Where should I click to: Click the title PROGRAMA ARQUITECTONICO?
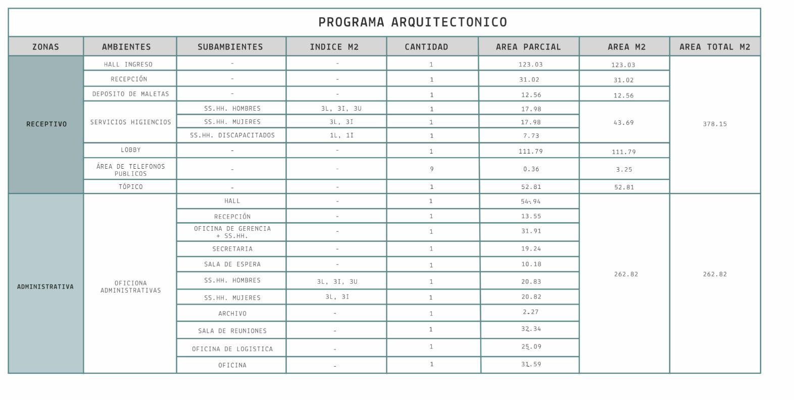pyautogui.click(x=412, y=22)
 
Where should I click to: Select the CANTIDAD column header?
pyautogui.click(x=426, y=47)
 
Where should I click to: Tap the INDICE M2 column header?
pyautogui.click(x=334, y=47)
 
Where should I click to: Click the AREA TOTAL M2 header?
pyautogui.click(x=715, y=47)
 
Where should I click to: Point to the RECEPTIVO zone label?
pyautogui.click(x=46, y=124)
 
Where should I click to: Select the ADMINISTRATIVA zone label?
pyautogui.click(x=45, y=287)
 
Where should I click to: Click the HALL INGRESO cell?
pyautogui.click(x=128, y=65)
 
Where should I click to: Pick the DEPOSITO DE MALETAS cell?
pyautogui.click(x=131, y=94)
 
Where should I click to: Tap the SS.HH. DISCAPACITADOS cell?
pyautogui.click(x=232, y=135)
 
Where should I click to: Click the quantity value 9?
pyautogui.click(x=432, y=169)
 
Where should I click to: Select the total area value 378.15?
pyautogui.click(x=715, y=124)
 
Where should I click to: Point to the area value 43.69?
pyautogui.click(x=624, y=123)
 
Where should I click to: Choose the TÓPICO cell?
pyautogui.click(x=131, y=187)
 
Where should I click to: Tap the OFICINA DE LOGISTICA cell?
pyautogui.click(x=232, y=349)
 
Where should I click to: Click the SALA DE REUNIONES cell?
pyautogui.click(x=232, y=331)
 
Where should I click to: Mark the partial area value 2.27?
pyautogui.click(x=531, y=312)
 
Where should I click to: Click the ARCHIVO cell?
pyautogui.click(x=232, y=314)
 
